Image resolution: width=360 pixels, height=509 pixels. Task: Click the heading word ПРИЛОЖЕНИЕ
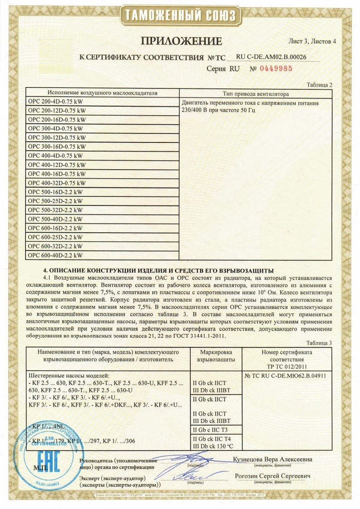182,41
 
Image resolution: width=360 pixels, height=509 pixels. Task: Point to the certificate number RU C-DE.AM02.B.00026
271,57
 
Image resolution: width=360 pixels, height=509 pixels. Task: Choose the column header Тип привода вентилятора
256,94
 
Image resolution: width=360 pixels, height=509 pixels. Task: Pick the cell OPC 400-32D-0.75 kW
57,183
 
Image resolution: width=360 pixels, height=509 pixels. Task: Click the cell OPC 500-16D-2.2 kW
55,192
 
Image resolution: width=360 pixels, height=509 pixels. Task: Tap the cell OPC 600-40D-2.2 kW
55,255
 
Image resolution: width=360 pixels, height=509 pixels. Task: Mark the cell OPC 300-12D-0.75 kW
57,137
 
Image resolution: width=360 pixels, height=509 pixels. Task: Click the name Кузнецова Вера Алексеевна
272,460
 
